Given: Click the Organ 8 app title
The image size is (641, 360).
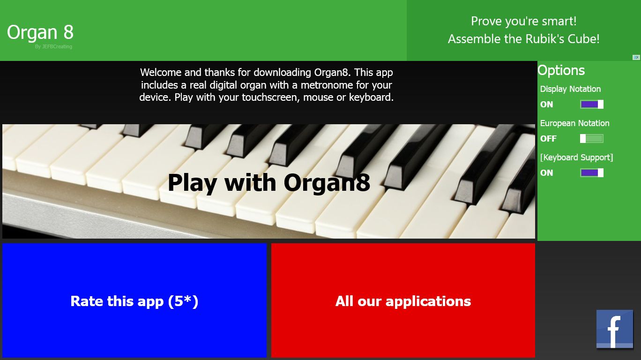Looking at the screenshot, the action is tap(40, 33).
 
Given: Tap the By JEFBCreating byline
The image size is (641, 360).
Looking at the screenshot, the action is tap(53, 47).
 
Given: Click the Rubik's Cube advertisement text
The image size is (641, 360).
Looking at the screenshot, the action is tap(524, 30).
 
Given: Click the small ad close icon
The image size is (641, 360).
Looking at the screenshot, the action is tap(636, 57).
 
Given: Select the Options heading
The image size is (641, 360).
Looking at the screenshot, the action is tap(561, 70).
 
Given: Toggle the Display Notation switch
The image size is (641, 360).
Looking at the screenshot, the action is tap(592, 105).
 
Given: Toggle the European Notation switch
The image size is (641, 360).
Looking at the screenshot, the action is tap(592, 139).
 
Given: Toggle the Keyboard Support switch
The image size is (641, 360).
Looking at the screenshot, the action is tap(592, 173).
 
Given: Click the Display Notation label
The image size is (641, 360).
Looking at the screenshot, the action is tap(570, 89).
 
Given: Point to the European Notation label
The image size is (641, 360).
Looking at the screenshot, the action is tap(574, 123).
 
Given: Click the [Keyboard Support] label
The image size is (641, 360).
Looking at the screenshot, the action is tap(577, 157).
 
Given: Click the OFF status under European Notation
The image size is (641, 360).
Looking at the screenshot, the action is tap(548, 139).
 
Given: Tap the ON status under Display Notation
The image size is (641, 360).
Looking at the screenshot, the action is tap(546, 105).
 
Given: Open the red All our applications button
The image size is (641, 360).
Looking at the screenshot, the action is tap(403, 300).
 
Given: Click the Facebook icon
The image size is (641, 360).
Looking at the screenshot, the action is tap(615, 329).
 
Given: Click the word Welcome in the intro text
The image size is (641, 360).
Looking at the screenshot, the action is tap(161, 72).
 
